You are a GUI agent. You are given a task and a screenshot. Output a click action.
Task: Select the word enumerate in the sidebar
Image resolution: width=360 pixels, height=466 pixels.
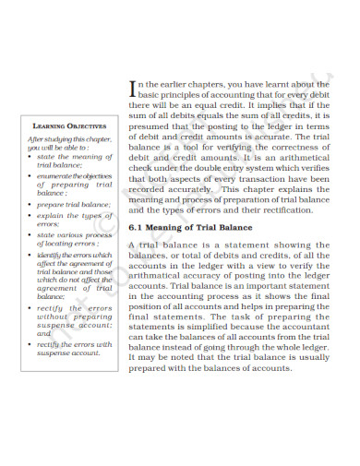54,175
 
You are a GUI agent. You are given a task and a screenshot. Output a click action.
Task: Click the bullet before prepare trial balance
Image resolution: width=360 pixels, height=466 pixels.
32,204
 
